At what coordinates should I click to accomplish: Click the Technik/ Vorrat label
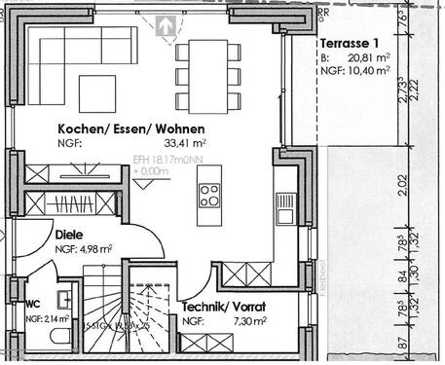225,306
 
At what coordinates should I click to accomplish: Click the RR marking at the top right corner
324,13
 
